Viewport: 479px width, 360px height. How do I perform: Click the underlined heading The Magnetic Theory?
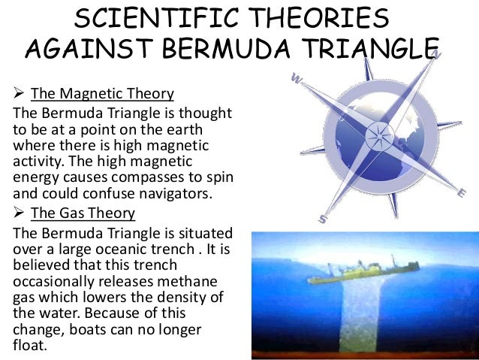[102, 95]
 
